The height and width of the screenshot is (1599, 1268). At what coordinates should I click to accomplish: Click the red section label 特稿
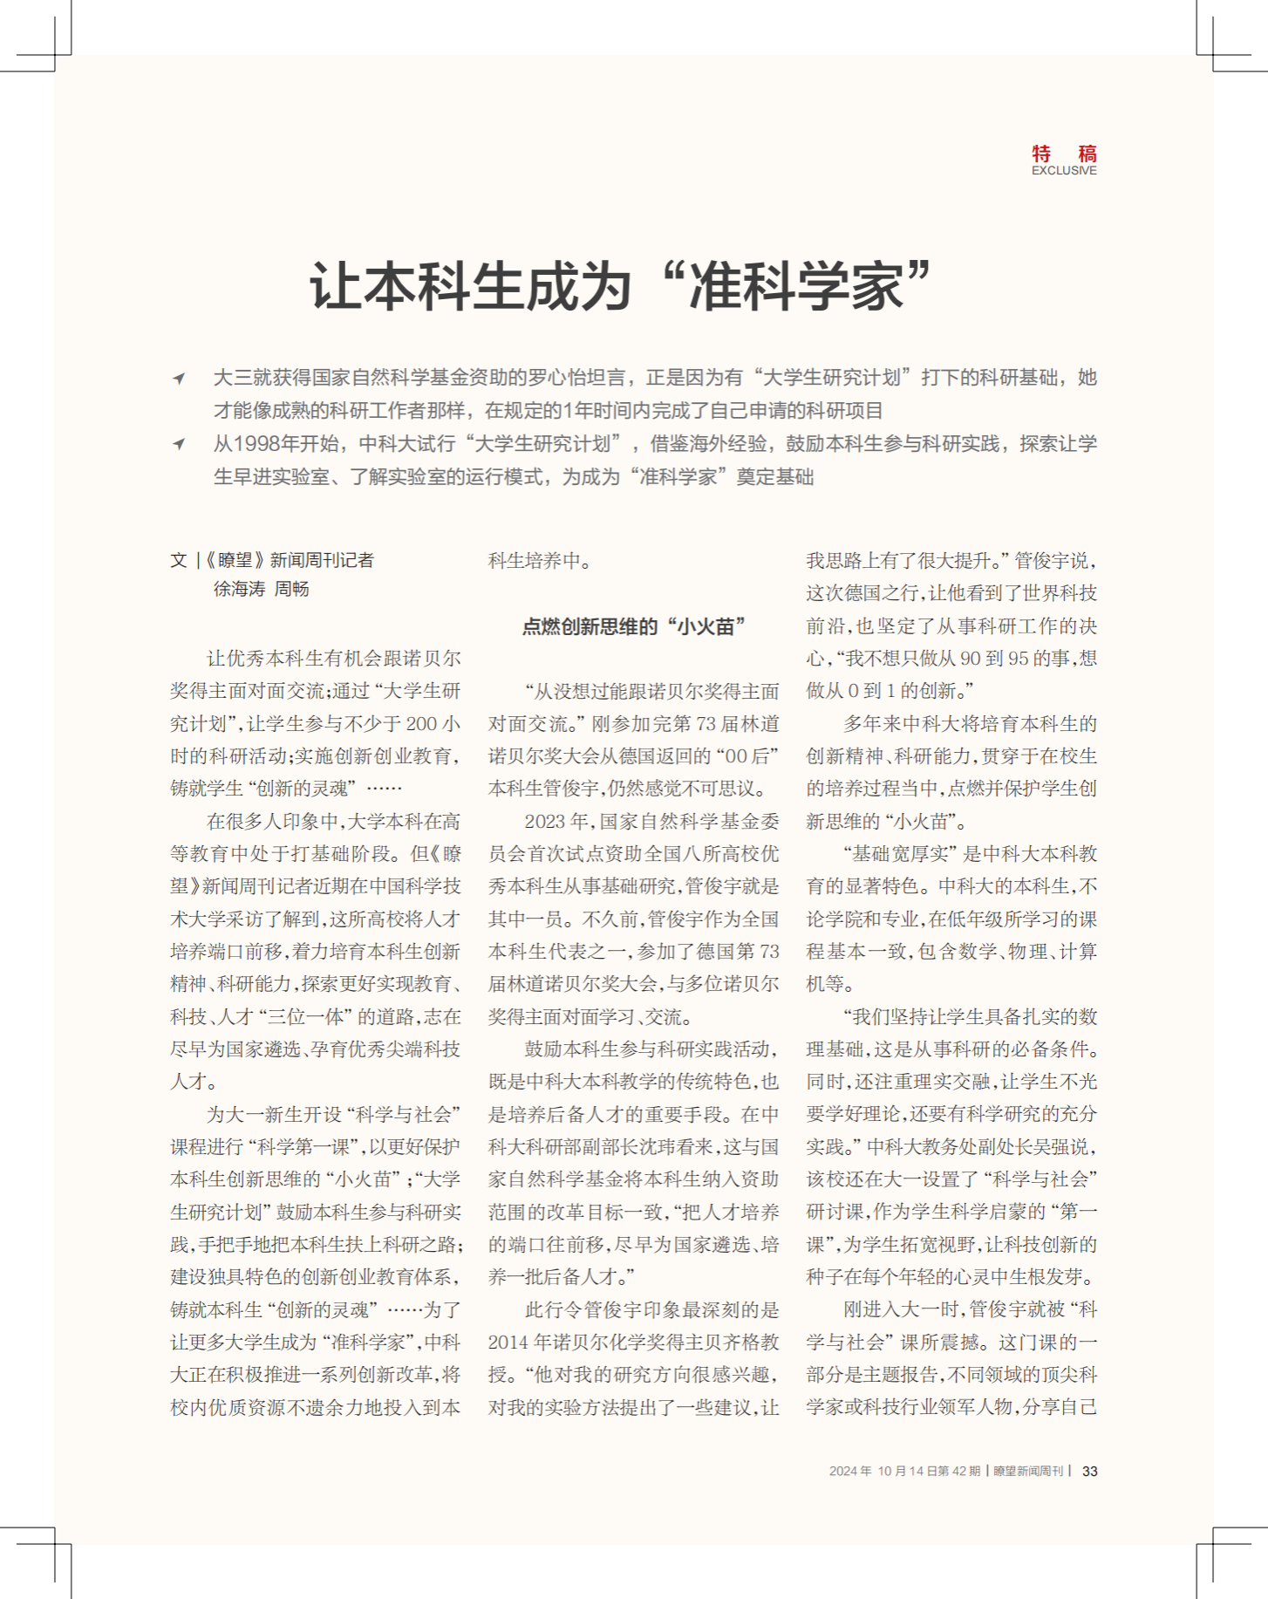1064,154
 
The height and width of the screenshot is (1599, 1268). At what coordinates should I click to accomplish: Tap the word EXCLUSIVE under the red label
1064,171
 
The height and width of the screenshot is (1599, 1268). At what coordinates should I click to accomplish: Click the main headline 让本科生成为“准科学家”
622,285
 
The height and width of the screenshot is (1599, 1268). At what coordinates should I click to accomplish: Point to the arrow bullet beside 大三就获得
179,378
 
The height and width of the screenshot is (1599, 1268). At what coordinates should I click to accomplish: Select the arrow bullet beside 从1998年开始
179,444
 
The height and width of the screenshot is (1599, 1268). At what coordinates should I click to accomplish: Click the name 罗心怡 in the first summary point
558,378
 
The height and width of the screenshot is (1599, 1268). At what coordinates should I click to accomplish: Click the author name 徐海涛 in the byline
239,589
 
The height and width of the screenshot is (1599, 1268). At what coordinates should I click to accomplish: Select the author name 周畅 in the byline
292,589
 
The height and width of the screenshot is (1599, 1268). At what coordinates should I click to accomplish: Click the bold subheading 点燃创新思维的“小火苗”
634,626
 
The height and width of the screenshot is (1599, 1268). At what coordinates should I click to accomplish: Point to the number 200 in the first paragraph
422,723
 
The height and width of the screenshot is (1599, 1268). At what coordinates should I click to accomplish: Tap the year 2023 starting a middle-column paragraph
545,821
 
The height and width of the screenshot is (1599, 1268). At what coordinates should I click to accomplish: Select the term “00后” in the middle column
746,756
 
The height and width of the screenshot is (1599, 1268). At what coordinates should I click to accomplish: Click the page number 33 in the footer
1089,1471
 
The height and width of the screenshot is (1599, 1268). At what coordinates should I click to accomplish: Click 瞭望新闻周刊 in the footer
1028,1471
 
